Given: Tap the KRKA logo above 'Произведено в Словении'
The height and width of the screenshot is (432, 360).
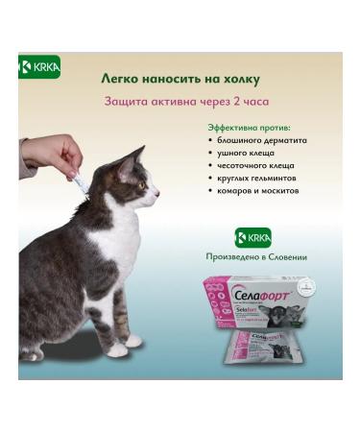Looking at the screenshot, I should (253, 238).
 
